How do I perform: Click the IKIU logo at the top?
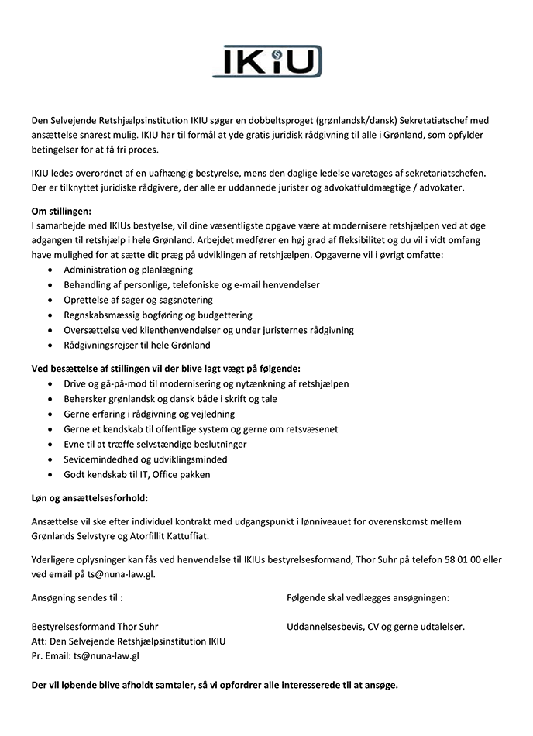(x=266, y=61)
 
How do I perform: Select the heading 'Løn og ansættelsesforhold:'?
(x=89, y=497)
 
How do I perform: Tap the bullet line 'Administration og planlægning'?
(x=128, y=270)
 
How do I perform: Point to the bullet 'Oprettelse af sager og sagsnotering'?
(x=138, y=300)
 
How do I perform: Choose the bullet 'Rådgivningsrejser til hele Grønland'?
(x=137, y=345)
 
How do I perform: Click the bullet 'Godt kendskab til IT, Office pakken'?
(x=137, y=474)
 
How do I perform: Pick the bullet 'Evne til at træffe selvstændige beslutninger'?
(x=155, y=444)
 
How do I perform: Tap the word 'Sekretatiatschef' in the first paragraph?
(x=435, y=121)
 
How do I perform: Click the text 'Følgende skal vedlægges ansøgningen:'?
(x=367, y=597)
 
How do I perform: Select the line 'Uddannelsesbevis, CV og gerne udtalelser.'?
(x=375, y=626)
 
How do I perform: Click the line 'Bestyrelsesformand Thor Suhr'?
(x=95, y=626)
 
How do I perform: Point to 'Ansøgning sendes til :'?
(x=77, y=597)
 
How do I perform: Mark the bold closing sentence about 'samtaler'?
(x=215, y=686)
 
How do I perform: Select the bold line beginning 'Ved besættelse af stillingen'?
(x=165, y=368)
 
